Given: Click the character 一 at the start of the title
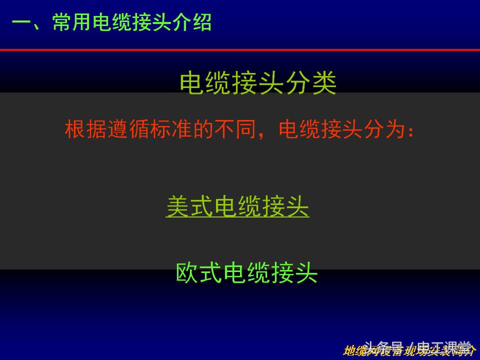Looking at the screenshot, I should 21,23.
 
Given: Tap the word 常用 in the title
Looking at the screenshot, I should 72,23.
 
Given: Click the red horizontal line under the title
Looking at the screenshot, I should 240,50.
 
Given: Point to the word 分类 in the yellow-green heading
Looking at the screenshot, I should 311,83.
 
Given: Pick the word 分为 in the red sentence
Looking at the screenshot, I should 384,129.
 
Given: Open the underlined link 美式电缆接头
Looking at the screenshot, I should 237,206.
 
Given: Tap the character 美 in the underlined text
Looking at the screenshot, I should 177,206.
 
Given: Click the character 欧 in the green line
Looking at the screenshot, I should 187,273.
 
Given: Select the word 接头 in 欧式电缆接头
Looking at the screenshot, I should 294,273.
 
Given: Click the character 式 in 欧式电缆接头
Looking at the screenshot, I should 211,273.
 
